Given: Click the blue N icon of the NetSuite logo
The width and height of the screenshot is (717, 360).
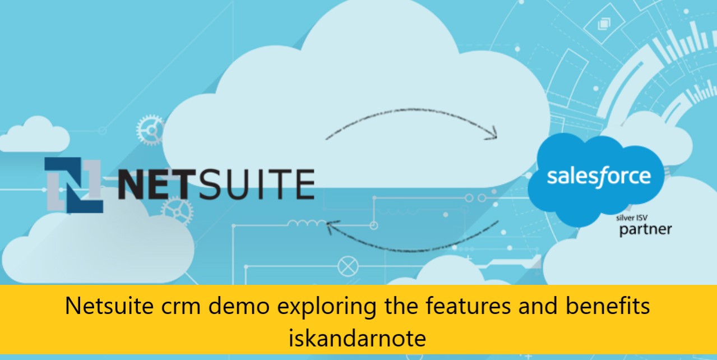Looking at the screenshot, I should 73,185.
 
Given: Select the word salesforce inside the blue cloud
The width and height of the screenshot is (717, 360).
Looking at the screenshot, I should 599,176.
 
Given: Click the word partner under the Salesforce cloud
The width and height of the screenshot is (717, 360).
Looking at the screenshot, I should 645,229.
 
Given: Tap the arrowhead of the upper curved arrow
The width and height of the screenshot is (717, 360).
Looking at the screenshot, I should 491,135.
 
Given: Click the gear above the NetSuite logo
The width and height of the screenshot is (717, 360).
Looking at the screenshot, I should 150,130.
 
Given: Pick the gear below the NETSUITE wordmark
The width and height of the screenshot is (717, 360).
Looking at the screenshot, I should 177,212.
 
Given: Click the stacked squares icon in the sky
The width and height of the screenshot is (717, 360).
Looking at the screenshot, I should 604,24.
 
